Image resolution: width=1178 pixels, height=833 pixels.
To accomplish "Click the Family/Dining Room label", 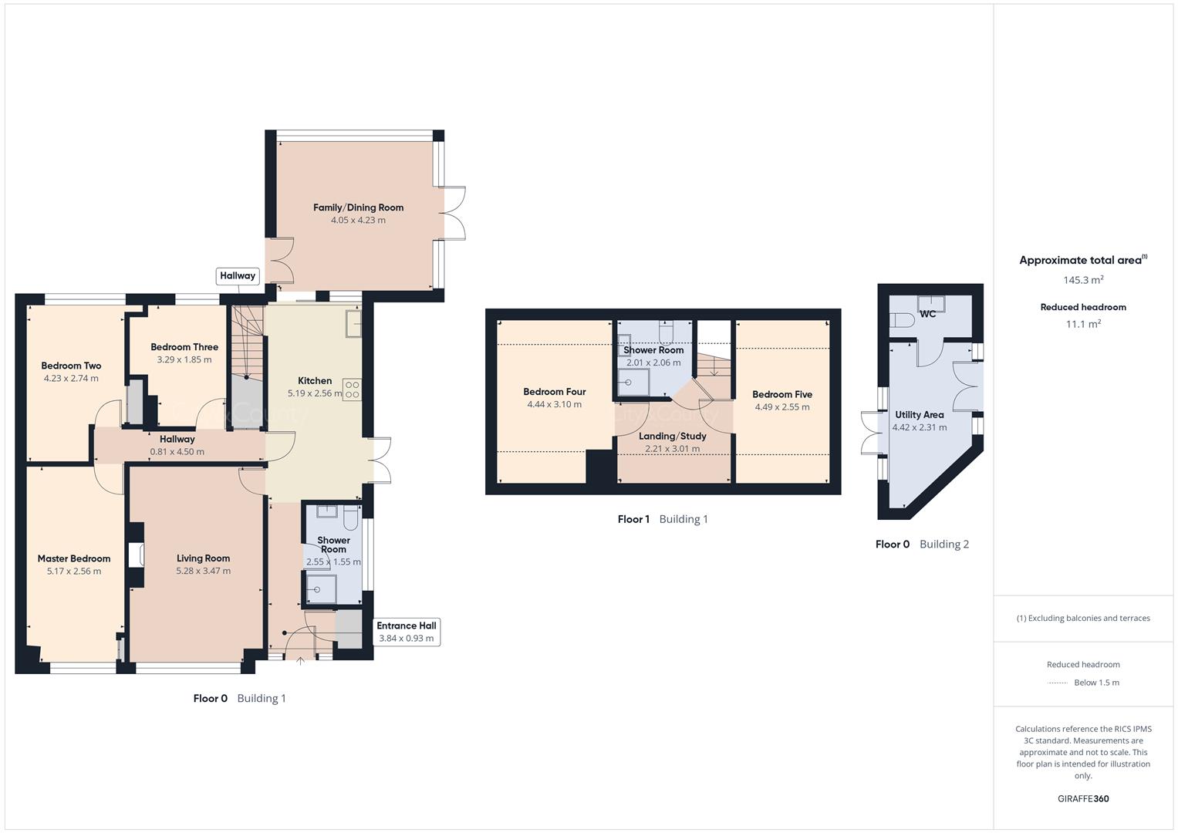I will (358, 207).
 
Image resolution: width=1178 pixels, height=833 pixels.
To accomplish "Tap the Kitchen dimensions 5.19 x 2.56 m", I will (314, 393).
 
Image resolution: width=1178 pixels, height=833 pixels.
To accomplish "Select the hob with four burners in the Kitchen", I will (352, 390).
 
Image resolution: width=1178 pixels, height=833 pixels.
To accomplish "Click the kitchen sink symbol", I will (354, 322).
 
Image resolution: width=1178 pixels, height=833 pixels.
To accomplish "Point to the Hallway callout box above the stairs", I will (238, 276).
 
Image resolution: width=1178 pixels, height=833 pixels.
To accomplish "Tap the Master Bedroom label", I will (74, 558).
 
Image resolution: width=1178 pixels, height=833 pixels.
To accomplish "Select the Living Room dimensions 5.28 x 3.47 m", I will (203, 572).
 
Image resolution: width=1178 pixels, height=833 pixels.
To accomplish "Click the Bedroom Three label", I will (184, 347).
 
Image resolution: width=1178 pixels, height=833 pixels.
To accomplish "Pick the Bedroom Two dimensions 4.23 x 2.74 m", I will (71, 379).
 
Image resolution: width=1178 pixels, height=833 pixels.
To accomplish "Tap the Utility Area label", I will (919, 415).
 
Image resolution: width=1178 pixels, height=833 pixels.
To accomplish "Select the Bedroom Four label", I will (554, 392).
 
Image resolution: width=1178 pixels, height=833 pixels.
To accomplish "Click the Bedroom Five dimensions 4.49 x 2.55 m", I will (782, 407).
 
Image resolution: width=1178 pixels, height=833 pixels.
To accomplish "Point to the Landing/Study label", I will (672, 437).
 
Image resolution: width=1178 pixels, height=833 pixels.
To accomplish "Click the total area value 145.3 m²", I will (1083, 280).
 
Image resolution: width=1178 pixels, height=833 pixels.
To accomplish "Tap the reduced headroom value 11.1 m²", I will (1083, 324).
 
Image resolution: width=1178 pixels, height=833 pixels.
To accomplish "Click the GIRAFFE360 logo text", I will (1083, 798).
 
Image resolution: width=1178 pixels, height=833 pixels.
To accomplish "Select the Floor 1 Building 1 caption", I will (663, 519).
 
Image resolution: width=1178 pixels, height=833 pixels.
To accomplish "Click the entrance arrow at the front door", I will (300, 659).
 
